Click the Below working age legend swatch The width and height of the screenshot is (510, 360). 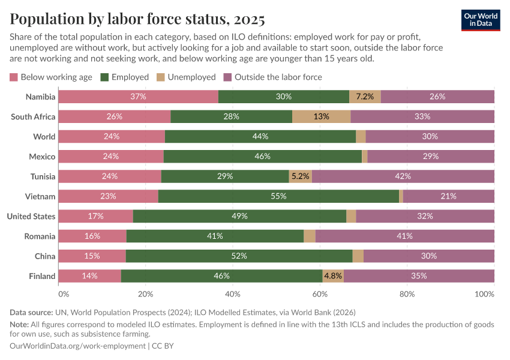coord(14,77)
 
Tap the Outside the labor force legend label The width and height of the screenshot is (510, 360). coord(278,77)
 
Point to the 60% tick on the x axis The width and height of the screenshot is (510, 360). coord(320,295)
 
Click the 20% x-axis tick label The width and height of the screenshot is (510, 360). coord(146,295)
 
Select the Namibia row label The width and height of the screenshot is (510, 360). coord(41,97)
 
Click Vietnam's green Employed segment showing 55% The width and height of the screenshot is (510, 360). coord(278,196)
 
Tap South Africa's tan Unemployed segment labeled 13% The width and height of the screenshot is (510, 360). coord(321,116)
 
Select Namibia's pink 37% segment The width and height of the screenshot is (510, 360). coord(139,97)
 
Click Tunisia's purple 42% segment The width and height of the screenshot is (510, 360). coord(403,176)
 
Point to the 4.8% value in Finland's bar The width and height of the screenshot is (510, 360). coord(333,276)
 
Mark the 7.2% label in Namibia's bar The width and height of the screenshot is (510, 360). coord(365,97)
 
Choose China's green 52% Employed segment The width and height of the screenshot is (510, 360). coord(239,256)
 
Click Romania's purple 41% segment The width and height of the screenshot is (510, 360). coord(404,236)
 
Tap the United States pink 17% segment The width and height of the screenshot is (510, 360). coord(95,216)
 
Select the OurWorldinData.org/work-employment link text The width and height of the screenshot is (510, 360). coord(78,346)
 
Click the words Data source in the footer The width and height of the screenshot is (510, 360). coord(31,312)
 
